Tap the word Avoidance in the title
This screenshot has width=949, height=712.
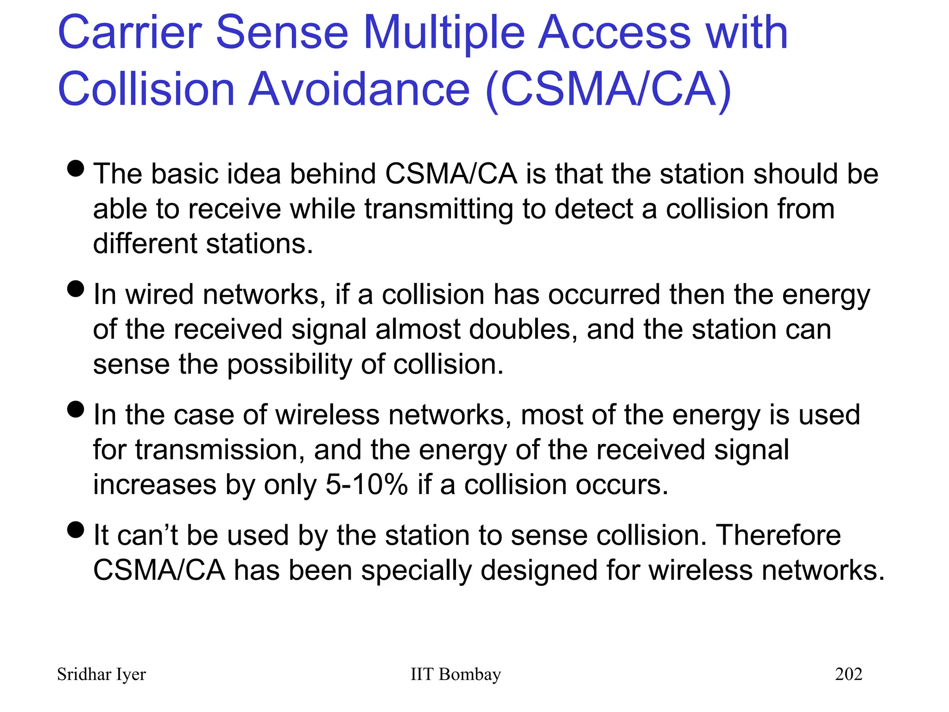click(x=359, y=89)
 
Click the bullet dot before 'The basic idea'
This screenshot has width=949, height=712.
click(x=76, y=169)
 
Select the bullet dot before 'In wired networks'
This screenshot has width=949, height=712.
click(x=76, y=289)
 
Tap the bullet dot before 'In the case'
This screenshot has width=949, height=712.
click(x=76, y=409)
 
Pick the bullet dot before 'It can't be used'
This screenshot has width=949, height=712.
click(x=76, y=529)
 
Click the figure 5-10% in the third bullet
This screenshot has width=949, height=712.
click(x=367, y=485)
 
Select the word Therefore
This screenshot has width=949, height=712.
click(x=778, y=535)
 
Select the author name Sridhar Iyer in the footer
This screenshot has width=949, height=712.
click(x=101, y=674)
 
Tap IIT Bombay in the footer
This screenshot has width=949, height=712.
click(x=456, y=674)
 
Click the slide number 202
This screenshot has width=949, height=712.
click(x=848, y=674)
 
